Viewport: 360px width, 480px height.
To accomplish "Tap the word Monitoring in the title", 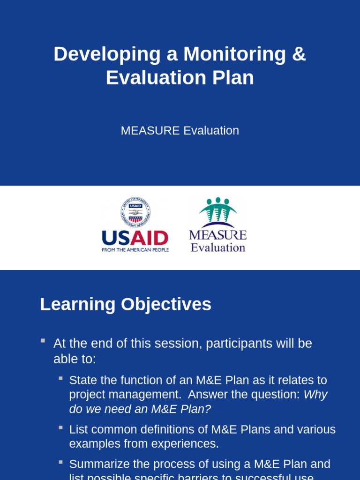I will coord(234,54).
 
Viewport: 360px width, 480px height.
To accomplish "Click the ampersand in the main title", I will coord(299,54).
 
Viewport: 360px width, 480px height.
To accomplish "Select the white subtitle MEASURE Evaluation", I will coord(180,131).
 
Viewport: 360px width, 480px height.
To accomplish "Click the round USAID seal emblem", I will coord(135,212).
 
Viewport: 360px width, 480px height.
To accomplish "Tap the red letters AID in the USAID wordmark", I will coord(149,238).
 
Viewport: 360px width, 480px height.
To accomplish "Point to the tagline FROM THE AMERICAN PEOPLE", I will coord(135,250).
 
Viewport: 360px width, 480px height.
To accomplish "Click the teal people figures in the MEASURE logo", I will coord(218,210).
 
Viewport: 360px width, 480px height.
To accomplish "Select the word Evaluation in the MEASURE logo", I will coord(218,247).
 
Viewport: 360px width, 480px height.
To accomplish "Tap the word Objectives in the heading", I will coord(166,304).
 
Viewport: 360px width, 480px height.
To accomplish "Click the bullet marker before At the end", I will coord(43,341).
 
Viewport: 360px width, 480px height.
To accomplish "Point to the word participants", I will coord(239,344).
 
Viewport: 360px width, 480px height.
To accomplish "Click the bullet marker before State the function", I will coord(60,378).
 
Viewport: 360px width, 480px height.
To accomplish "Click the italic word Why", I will coord(315,395).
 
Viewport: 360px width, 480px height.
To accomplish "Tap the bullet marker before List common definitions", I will coord(60,427).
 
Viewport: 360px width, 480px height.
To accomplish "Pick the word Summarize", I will coord(99,464).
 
